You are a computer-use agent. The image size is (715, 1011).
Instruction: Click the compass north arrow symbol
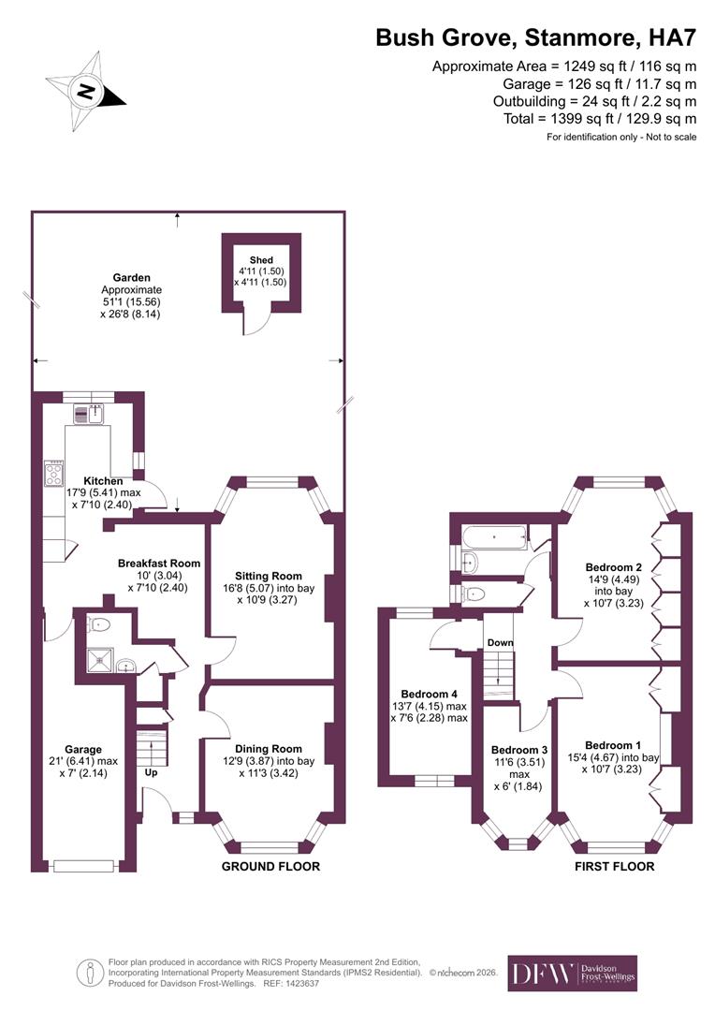pos(87,91)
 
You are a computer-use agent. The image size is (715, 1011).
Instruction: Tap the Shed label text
pos(260,259)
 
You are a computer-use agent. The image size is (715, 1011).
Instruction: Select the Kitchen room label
pos(102,481)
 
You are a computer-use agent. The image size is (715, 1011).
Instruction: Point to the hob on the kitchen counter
pos(55,469)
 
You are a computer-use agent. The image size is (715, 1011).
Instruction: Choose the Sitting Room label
pos(268,576)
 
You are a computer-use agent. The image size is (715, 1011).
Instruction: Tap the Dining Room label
pos(268,749)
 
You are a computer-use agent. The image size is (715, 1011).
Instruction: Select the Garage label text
pos(83,749)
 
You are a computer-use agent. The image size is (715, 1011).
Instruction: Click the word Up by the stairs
pos(150,774)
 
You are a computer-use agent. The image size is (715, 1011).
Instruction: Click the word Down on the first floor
pos(498,642)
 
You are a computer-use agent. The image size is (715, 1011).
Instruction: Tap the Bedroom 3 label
pos(518,750)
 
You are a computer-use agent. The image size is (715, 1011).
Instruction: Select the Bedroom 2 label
pos(613,566)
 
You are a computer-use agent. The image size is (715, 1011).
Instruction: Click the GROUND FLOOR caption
pos(270,867)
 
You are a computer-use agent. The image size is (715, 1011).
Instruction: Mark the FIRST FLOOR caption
pos(614,867)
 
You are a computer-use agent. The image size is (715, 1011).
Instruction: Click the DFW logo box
pos(572,973)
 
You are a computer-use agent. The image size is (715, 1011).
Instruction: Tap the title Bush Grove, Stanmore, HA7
pos(535,38)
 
